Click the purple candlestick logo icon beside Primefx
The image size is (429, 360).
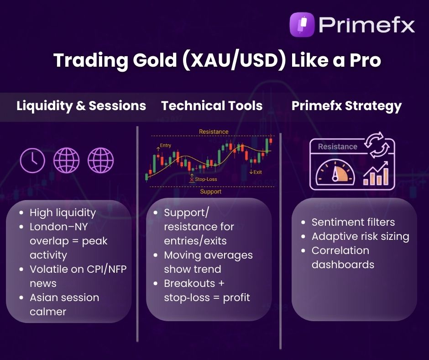[x=302, y=25]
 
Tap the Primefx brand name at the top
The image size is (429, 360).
[x=366, y=25]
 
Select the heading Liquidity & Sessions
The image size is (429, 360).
[x=81, y=106]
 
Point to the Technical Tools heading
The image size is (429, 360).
[x=212, y=106]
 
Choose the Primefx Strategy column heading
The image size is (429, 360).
[x=346, y=106]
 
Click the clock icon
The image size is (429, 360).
[x=32, y=161]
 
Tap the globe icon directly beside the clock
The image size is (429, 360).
[x=66, y=161]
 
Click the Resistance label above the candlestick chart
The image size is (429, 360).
[x=214, y=132]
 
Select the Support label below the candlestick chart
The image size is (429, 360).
[x=211, y=191]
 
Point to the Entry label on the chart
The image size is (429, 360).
[x=165, y=146]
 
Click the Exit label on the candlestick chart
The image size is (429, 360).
[x=257, y=172]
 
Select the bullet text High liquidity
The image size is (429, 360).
[x=63, y=212]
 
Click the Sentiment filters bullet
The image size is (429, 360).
[x=353, y=222]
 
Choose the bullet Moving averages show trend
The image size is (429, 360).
[x=208, y=262]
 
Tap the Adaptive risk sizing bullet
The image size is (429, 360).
[x=360, y=236]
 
